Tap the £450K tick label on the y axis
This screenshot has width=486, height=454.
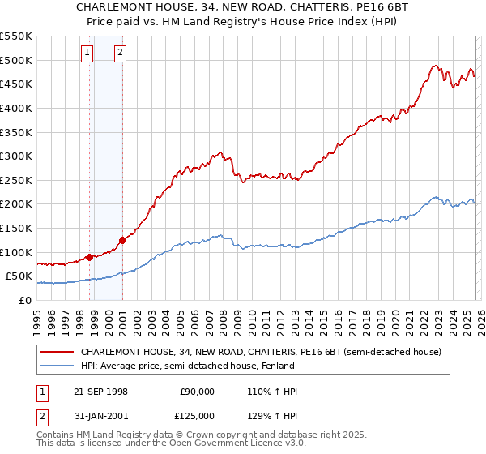pos(15,84)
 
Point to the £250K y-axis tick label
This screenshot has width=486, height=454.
pos(15,180)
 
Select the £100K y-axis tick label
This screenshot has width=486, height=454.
pos(15,252)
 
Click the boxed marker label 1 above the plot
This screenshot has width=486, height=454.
pos(87,54)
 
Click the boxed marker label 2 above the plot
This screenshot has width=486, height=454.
pos(120,54)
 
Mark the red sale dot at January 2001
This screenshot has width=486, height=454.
pos(123,240)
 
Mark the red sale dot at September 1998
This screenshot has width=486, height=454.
pos(89,257)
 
